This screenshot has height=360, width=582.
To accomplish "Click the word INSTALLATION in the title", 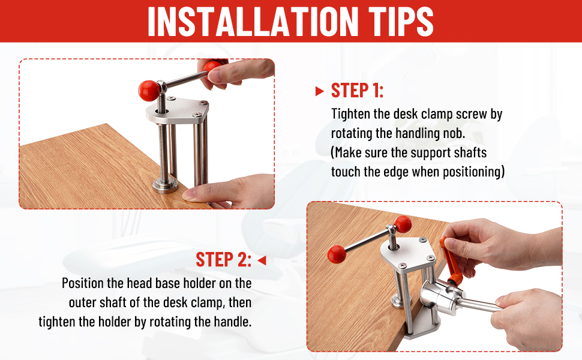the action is (x=253, y=22).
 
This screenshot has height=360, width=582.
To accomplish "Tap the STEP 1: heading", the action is (x=357, y=90).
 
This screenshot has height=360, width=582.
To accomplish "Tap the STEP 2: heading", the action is (x=223, y=259).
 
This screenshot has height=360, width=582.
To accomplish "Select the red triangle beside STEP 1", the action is (x=320, y=91).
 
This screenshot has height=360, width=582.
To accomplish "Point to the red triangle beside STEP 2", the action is (x=262, y=260).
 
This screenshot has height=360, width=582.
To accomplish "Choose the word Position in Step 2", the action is (x=83, y=283).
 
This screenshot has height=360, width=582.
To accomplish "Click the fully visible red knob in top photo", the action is (x=149, y=91).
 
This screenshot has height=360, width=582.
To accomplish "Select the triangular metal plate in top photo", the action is (x=177, y=110).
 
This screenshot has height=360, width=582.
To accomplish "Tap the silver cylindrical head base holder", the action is (x=442, y=297).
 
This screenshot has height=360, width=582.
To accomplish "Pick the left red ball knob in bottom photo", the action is (x=337, y=254).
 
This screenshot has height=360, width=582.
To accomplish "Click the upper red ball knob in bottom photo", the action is (x=403, y=224).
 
